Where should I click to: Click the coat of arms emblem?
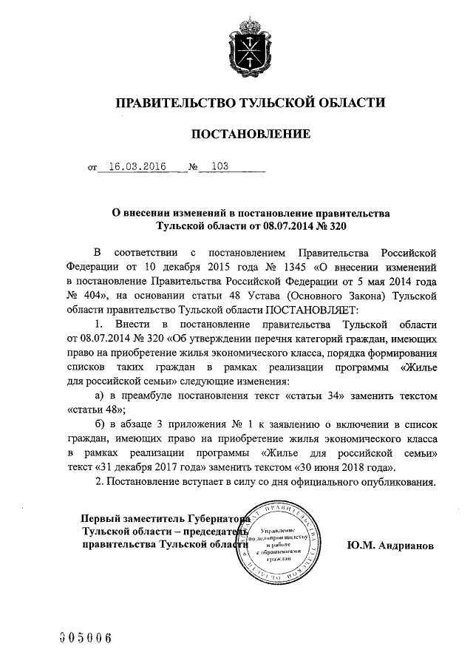point(248,47)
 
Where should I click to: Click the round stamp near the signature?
point(283,545)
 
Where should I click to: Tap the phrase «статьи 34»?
point(316,395)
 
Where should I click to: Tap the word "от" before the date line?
point(92,168)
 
